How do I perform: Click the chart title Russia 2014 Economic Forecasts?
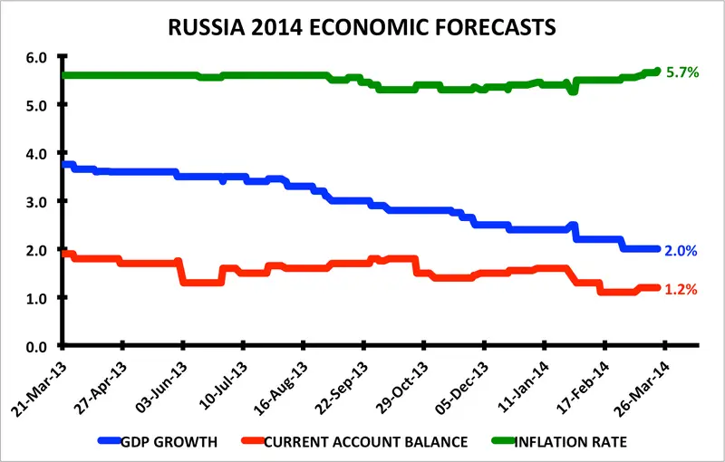[x=362, y=27]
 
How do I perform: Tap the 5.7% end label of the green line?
[x=682, y=72]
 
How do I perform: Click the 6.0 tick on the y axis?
[x=35, y=57]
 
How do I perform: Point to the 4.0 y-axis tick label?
[x=35, y=153]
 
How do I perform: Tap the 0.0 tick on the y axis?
[x=35, y=346]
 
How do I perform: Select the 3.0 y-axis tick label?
[x=35, y=201]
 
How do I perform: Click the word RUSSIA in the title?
[x=208, y=27]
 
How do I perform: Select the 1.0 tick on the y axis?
[x=35, y=298]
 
